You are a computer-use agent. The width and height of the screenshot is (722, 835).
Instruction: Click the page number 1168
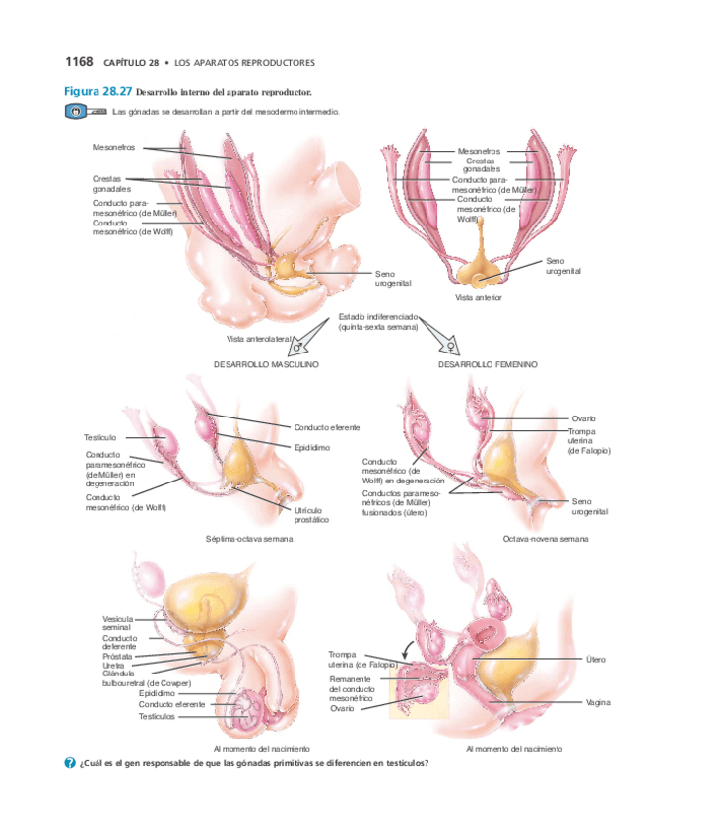coord(78,62)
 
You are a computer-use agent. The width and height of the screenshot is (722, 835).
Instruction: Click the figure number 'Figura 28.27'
coord(98,91)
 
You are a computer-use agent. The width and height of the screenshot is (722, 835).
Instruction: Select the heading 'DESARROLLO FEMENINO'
coord(488,364)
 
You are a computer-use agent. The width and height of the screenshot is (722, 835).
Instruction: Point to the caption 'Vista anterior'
coord(478,297)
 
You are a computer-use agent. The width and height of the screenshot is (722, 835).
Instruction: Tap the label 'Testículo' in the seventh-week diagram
coord(100,436)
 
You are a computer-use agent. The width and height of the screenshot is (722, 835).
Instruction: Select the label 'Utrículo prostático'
coord(311,514)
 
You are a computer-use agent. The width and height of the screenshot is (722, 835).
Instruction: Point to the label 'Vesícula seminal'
coord(117,623)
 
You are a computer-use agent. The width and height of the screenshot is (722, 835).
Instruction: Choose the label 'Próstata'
coord(119,655)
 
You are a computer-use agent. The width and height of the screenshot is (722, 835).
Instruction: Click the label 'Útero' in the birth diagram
coord(595,659)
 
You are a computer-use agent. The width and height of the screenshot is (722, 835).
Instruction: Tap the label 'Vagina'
coord(598,702)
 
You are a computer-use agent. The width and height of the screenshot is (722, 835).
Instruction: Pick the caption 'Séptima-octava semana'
coord(249,539)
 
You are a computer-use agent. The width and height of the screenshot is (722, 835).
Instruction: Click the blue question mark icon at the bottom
coord(70,763)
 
